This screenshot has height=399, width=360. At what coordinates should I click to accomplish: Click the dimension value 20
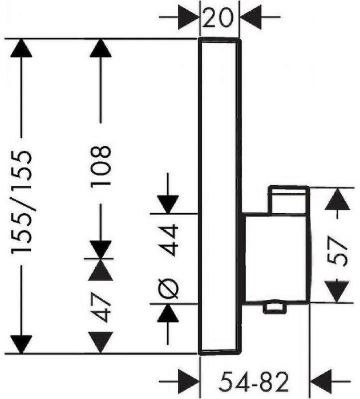219,18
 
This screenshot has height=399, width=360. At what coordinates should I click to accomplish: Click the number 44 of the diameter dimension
169,239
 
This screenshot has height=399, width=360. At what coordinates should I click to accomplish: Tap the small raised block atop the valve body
289,199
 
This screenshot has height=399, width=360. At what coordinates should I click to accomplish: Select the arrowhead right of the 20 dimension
250,18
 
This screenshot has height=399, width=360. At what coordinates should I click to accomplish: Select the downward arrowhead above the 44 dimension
169,202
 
